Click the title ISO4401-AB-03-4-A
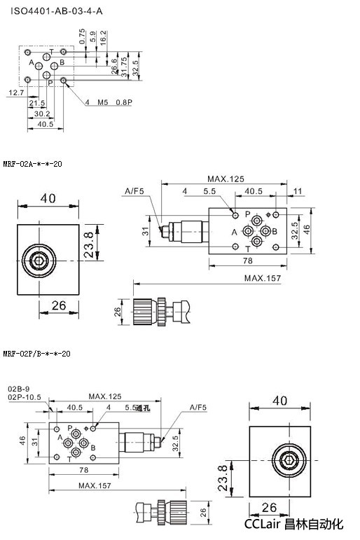click(57, 11)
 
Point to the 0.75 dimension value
click(82, 36)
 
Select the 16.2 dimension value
click(103, 38)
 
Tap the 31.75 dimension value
click(124, 66)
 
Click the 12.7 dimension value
click(16, 92)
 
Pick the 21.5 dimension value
click(37, 103)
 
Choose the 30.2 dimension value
click(42, 113)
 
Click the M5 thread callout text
click(103, 102)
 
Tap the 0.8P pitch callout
click(124, 102)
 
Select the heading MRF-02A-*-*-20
click(32, 164)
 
